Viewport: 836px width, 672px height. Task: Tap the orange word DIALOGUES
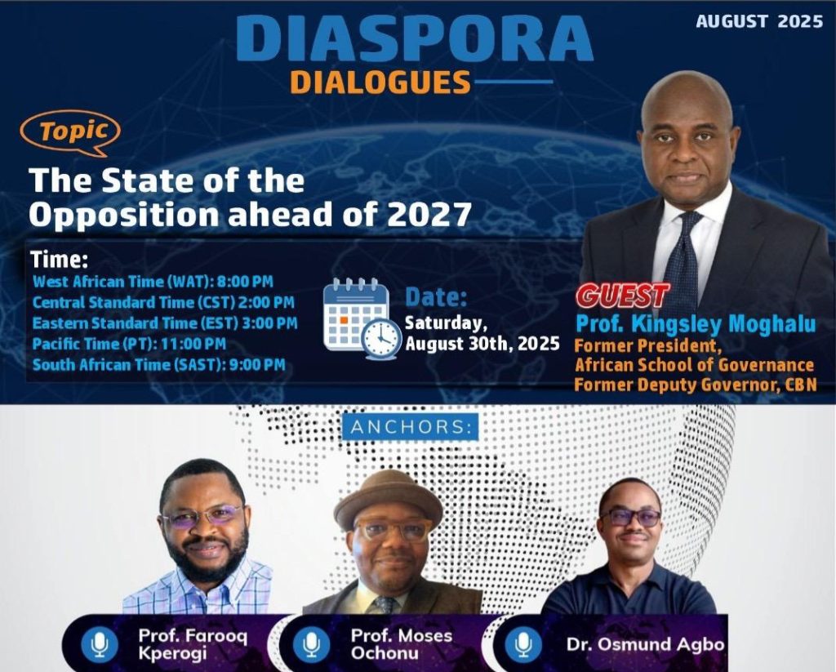(380, 82)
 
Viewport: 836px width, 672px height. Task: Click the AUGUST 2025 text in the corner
(759, 22)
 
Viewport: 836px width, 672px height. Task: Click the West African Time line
(153, 282)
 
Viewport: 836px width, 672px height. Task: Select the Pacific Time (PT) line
(129, 344)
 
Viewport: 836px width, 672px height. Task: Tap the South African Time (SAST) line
(158, 364)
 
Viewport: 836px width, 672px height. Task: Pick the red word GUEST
(622, 296)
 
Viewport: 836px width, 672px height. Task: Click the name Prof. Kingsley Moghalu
(696, 324)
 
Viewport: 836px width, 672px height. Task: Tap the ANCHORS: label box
(410, 427)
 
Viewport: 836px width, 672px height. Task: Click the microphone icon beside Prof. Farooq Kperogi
(100, 644)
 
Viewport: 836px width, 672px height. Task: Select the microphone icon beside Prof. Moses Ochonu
(311, 644)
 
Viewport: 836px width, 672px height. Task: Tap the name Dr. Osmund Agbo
(645, 644)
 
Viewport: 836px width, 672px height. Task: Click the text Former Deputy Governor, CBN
(695, 385)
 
